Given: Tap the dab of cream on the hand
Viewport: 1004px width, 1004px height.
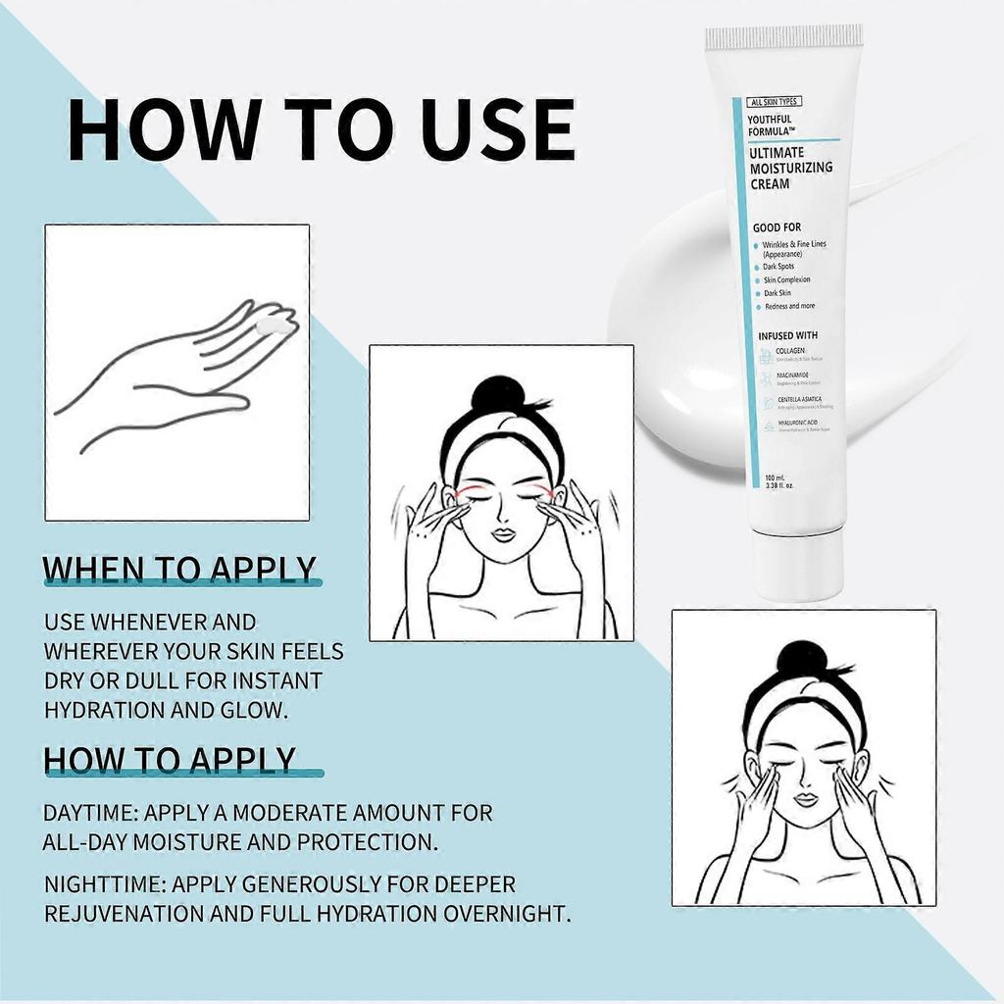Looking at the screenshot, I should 274,325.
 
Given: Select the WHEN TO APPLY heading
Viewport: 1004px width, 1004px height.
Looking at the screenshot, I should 181,570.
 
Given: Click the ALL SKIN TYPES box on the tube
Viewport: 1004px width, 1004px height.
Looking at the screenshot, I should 775,102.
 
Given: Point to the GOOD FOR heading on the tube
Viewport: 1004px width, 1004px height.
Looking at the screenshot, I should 777,227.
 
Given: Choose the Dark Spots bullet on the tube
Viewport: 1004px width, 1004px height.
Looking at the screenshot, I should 778,267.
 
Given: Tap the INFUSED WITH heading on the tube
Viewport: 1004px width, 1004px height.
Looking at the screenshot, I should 787,336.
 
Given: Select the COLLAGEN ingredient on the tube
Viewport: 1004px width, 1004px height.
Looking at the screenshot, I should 790,350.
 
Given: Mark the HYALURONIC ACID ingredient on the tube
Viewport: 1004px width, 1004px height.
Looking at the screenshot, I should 797,423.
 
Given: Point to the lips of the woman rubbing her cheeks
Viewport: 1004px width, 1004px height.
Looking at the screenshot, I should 804,800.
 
